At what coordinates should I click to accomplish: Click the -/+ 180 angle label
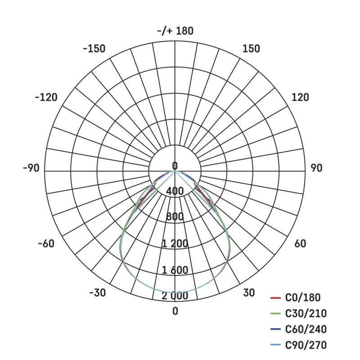click(x=175, y=31)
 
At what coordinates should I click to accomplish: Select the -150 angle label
click(x=94, y=49)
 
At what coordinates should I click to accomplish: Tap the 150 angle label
click(x=252, y=49)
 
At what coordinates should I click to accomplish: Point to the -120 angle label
click(x=46, y=97)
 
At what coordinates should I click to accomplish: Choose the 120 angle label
click(x=300, y=97)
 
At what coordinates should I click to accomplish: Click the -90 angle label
click(x=31, y=168)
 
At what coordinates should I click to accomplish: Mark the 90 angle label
click(x=317, y=168)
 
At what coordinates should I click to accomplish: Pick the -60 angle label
click(x=46, y=243)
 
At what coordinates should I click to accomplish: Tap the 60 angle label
click(x=300, y=243)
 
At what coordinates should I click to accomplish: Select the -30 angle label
click(x=98, y=293)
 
